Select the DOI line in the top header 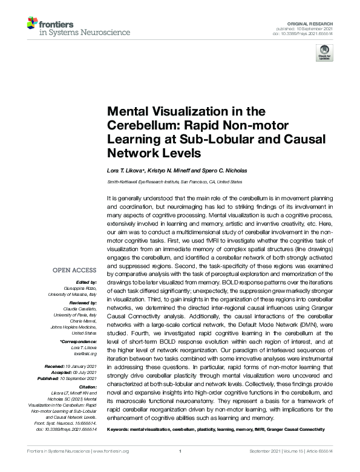click(x=304, y=32)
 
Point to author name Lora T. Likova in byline click(x=125, y=171)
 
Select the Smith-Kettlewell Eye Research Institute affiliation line click(x=174, y=182)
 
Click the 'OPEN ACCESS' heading click(x=75, y=270)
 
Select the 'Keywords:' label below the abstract click(x=121, y=429)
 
